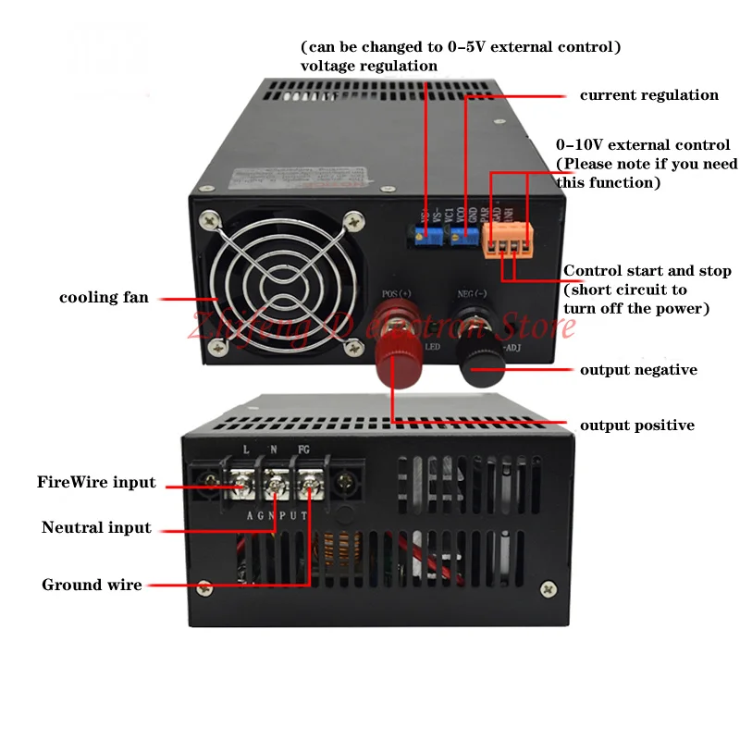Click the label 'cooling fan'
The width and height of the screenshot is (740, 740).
point(104,298)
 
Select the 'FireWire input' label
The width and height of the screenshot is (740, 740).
point(96,482)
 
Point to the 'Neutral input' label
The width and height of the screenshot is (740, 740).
point(96,528)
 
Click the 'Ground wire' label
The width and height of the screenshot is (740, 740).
point(92,585)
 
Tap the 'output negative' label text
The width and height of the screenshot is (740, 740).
point(638,370)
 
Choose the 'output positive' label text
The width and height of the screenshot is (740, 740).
point(636,425)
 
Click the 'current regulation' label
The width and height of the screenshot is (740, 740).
point(648,95)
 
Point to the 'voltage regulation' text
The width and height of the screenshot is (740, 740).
point(369,66)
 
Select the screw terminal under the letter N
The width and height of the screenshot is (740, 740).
point(276,481)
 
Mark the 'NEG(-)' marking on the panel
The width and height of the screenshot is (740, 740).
point(471,294)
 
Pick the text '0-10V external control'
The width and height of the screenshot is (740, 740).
point(643,144)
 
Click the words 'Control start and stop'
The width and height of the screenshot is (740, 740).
point(647,271)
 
